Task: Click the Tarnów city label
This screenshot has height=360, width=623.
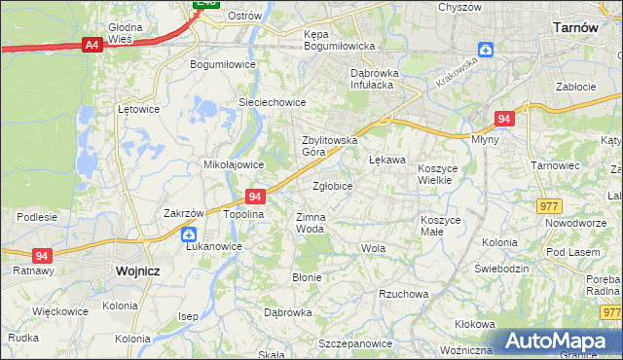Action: click(x=574, y=27)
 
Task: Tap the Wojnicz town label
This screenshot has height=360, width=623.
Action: click(x=137, y=271)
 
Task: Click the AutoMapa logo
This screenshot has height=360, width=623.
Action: click(x=558, y=342)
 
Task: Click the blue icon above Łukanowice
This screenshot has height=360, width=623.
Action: click(x=190, y=234)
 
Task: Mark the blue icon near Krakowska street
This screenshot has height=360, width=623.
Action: click(x=486, y=51)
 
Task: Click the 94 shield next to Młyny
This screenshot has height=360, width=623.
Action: click(x=503, y=118)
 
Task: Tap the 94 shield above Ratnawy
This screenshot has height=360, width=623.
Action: click(x=41, y=255)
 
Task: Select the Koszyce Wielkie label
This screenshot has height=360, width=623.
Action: click(x=444, y=174)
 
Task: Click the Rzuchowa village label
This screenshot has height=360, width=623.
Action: click(x=404, y=294)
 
